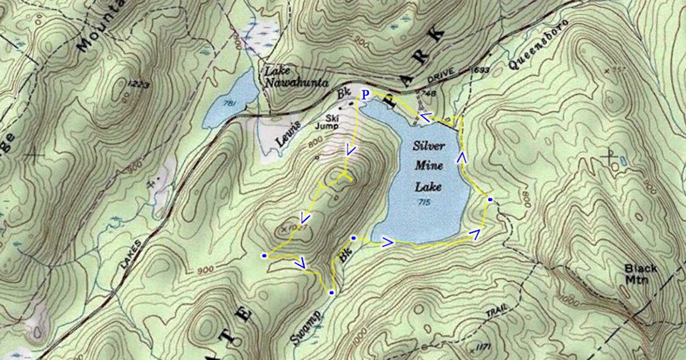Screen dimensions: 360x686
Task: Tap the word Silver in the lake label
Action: (x=429, y=146)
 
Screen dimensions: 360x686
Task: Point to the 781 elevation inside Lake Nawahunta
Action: (x=231, y=103)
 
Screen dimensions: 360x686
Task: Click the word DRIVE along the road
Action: (x=440, y=75)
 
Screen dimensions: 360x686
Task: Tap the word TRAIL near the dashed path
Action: (x=497, y=312)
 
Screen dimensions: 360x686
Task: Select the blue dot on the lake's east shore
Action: (x=490, y=199)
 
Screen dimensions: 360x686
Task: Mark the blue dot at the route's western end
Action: (x=264, y=255)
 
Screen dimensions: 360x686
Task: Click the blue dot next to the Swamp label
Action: (x=332, y=293)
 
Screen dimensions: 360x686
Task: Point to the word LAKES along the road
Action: (x=129, y=251)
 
